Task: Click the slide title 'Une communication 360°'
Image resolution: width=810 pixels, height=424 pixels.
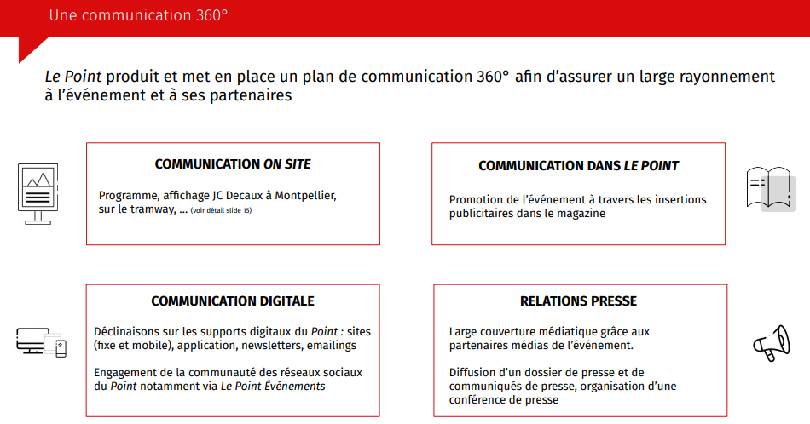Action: click(138, 15)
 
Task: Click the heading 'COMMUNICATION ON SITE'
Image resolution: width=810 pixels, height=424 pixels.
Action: click(233, 164)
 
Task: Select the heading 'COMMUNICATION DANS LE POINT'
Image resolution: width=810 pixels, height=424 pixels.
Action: click(578, 165)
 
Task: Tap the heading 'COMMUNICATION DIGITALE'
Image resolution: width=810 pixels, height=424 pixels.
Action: click(233, 301)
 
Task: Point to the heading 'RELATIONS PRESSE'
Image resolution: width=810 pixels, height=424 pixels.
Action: click(578, 301)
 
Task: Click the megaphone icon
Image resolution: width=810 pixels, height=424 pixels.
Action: click(772, 343)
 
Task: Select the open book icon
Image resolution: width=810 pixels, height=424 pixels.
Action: click(771, 188)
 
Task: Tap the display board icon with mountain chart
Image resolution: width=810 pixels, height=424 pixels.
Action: click(38, 193)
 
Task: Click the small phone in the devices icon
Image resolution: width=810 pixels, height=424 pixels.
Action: click(61, 349)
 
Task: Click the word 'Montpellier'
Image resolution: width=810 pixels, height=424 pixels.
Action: click(305, 196)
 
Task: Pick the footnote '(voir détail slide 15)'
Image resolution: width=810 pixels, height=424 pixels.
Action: click(221, 210)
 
